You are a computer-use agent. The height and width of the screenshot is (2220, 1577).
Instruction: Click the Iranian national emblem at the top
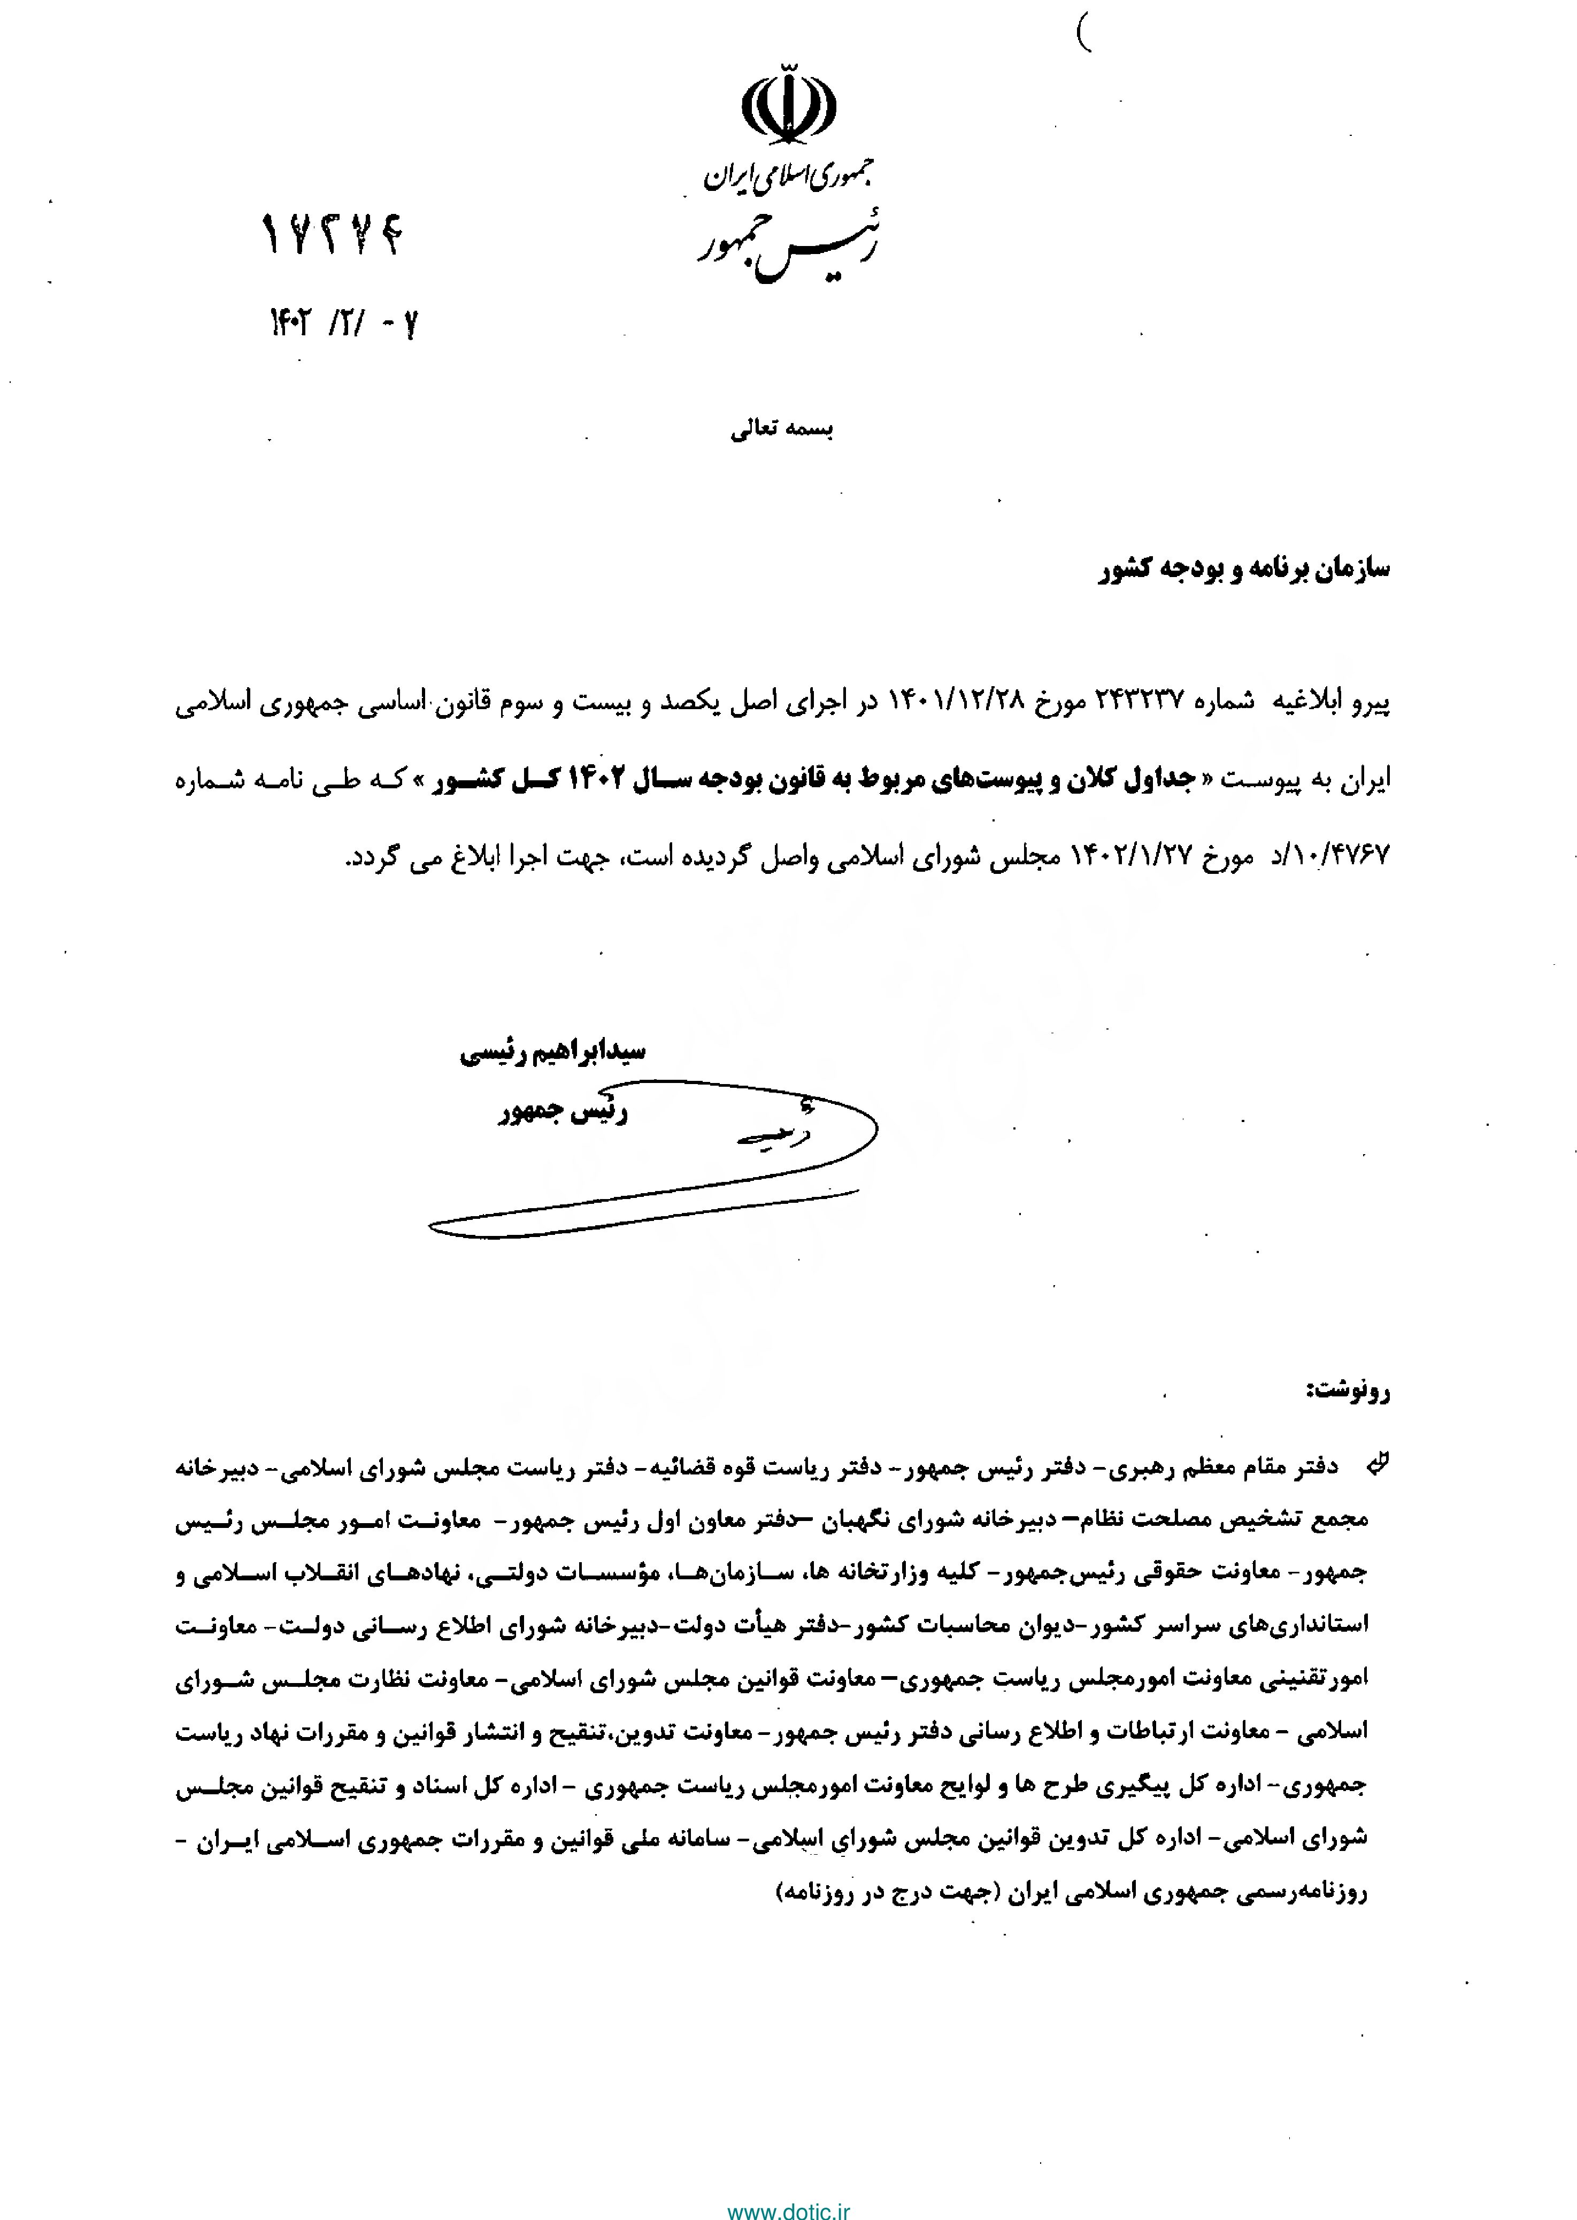[x=788, y=104]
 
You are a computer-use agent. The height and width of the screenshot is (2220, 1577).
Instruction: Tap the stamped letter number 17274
[x=332, y=235]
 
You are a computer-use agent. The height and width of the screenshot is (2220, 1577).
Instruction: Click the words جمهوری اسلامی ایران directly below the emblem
[x=788, y=175]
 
